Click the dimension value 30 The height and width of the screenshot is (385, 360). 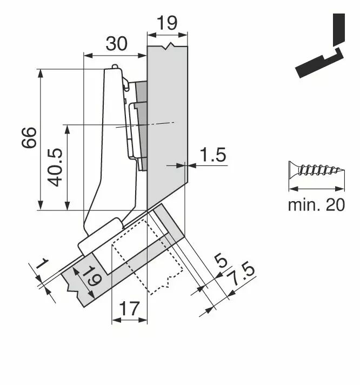[117, 44]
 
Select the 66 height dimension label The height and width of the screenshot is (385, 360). [29, 138]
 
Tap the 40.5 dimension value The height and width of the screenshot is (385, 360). [55, 167]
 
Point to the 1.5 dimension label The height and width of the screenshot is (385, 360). [213, 155]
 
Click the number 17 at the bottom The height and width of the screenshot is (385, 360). [129, 309]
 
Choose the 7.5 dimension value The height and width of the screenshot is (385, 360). [241, 275]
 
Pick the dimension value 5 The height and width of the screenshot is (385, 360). [221, 261]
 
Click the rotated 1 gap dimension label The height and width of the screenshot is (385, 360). [42, 263]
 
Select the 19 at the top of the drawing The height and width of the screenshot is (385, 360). [167, 23]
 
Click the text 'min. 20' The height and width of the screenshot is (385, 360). [316, 205]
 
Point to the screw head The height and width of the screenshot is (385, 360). [294, 169]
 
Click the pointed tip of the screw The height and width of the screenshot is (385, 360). [344, 169]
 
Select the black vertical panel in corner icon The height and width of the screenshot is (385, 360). [339, 30]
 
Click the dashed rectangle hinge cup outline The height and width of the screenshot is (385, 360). [147, 257]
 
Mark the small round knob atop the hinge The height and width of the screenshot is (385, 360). [115, 67]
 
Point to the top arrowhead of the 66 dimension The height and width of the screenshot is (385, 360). [41, 73]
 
